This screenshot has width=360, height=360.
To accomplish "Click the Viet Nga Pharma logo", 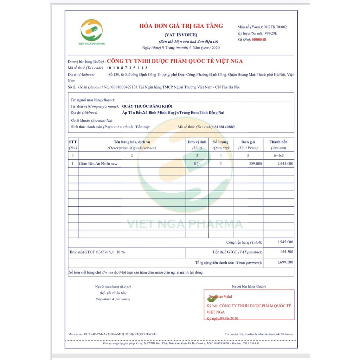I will [91, 31].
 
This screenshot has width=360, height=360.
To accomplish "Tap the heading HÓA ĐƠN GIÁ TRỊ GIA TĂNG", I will [181, 26].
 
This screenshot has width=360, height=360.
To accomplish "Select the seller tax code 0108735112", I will [128, 68].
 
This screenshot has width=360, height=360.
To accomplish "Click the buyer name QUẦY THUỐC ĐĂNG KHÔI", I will [147, 106].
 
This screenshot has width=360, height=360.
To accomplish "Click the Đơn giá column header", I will [248, 142].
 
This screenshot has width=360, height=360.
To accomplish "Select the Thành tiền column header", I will [278, 142].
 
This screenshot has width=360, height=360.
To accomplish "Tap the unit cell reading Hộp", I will [197, 163].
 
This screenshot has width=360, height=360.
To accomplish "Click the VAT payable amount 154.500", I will [286, 252].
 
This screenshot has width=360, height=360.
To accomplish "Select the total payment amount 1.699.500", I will [285, 262].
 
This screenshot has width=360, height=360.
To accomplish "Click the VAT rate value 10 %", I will [121, 252].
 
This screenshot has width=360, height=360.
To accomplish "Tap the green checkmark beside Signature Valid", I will [212, 298].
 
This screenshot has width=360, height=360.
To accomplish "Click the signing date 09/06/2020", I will [229, 319].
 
